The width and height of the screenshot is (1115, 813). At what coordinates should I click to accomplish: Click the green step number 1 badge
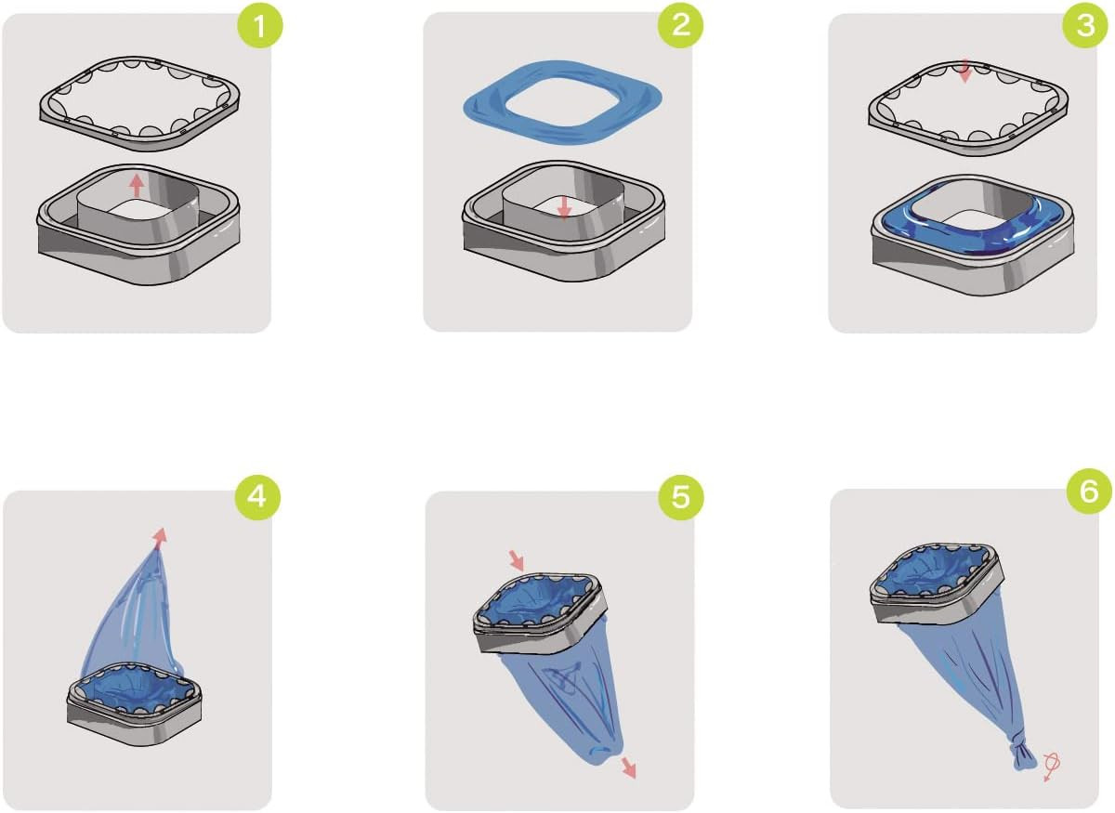[x=260, y=25]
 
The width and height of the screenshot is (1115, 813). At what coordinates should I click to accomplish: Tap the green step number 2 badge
[x=680, y=25]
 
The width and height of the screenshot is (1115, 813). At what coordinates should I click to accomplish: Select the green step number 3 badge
[x=1085, y=25]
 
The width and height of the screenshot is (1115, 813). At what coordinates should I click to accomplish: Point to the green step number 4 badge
[x=256, y=497]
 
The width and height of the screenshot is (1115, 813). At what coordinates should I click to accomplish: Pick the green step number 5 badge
[x=680, y=497]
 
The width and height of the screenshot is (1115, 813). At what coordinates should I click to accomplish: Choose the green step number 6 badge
[x=1089, y=492]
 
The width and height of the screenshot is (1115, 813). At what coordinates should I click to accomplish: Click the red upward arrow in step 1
[x=137, y=186]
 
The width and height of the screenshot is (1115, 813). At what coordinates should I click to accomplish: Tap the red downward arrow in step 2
[x=563, y=207]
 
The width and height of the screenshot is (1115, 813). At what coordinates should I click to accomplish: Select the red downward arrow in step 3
[x=964, y=72]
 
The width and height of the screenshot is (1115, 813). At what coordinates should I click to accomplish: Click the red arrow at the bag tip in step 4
[x=160, y=538]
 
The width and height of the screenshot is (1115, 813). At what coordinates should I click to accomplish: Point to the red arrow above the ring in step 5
[x=518, y=560]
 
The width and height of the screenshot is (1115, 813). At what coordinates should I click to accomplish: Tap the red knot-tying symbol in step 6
[x=1051, y=767]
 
